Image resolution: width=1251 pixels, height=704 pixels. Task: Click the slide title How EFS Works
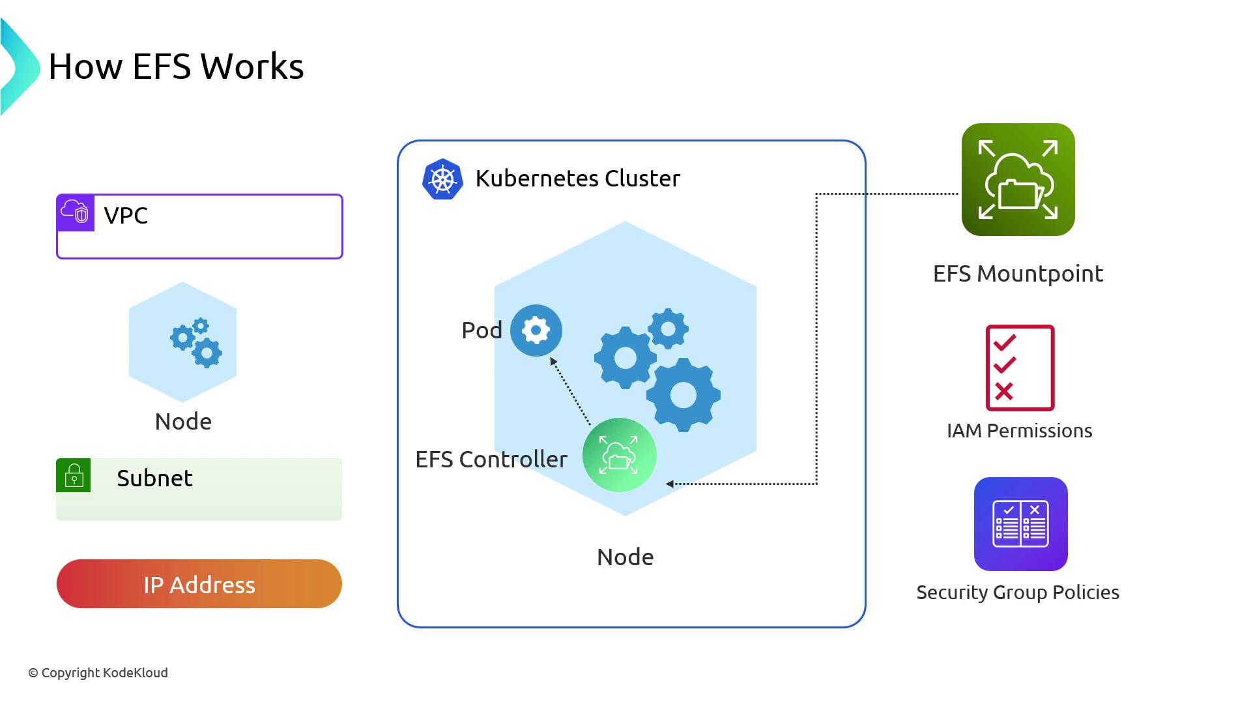pos(176,66)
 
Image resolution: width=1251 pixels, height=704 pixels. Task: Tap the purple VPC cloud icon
pos(75,213)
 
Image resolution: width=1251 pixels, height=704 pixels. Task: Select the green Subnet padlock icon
pos(74,475)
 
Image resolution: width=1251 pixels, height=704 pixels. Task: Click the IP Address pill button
pos(199,584)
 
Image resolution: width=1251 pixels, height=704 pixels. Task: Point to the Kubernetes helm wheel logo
pos(442,179)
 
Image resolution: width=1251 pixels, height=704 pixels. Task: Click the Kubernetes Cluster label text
pos(577,179)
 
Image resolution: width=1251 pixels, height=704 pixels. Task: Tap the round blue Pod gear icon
pos(536,330)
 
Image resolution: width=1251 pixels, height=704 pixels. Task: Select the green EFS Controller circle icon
pos(619,455)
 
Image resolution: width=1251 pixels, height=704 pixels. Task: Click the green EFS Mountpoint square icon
pos(1018,180)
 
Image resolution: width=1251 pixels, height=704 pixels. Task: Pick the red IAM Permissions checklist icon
pos(1020,368)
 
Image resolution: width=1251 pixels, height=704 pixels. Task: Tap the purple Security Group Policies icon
pos(1020,524)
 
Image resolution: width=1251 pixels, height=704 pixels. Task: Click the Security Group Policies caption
pos(1018,593)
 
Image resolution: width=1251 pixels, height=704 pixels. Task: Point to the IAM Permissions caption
pos(1019,431)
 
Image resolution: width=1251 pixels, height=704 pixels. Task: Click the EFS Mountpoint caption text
pos(1018,274)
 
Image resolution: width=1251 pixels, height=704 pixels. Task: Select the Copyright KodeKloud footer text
pos(98,673)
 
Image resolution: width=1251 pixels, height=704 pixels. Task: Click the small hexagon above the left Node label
pos(182,342)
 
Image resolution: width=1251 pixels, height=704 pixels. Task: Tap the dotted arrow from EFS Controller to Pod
pos(570,391)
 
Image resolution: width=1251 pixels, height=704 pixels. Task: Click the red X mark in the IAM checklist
pos(1004,391)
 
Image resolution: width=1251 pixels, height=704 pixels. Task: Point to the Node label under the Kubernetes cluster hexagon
pos(625,557)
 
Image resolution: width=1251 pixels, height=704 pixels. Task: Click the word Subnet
pos(154,478)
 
